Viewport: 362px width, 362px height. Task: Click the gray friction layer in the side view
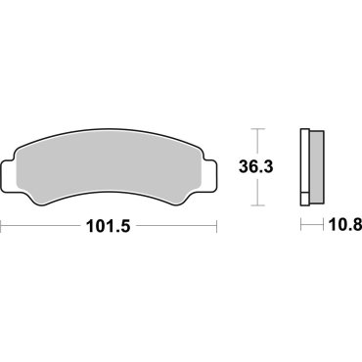tap(315, 166)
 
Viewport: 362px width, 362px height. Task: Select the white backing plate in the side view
tap(304, 166)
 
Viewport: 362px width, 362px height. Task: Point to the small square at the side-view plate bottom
tap(304, 201)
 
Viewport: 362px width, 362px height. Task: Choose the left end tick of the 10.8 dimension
tap(299, 225)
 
